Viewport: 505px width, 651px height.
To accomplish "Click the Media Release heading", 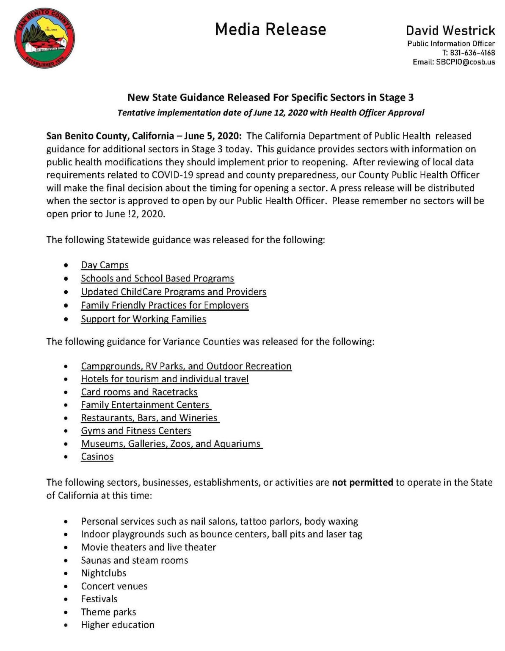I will tap(270, 29).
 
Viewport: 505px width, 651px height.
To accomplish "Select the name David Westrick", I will tap(450, 31).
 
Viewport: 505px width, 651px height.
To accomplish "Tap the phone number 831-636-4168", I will tap(472, 53).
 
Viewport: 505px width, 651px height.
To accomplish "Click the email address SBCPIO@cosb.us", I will tap(465, 62).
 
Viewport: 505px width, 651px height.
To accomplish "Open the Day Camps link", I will tap(105, 265).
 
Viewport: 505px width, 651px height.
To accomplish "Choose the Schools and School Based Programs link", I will tap(157, 278).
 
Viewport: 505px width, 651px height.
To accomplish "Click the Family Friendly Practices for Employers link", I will tap(165, 306).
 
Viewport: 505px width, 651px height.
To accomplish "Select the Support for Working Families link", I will tap(143, 319).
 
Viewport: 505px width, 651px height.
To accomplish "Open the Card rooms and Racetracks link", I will tap(139, 392).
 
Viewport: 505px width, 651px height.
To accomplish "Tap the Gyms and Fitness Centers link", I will tap(136, 431).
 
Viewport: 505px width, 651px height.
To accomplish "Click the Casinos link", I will tap(97, 457).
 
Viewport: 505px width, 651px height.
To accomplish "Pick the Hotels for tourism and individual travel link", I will tap(165, 379).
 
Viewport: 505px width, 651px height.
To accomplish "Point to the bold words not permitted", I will tap(362, 482).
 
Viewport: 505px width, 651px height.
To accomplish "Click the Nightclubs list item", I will tap(104, 573).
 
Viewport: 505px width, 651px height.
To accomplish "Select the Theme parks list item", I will tap(108, 612).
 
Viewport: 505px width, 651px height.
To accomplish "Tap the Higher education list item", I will tap(118, 625).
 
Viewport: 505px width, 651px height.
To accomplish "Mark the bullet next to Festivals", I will tap(66, 600).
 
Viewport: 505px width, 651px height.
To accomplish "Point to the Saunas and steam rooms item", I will tap(135, 560).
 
